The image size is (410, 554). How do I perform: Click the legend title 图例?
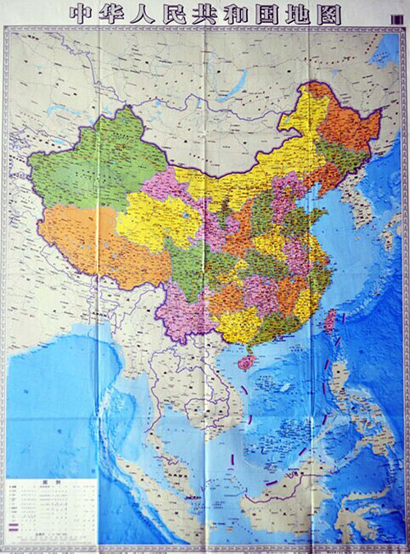point(48,484)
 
